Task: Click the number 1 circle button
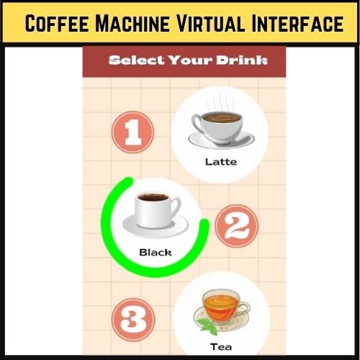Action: [x=132, y=133]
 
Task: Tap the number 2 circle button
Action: [x=236, y=228]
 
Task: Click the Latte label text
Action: [x=220, y=161]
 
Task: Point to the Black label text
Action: [x=155, y=252]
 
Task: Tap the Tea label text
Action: [x=220, y=346]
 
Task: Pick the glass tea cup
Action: [x=220, y=306]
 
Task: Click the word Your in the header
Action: [x=192, y=60]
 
